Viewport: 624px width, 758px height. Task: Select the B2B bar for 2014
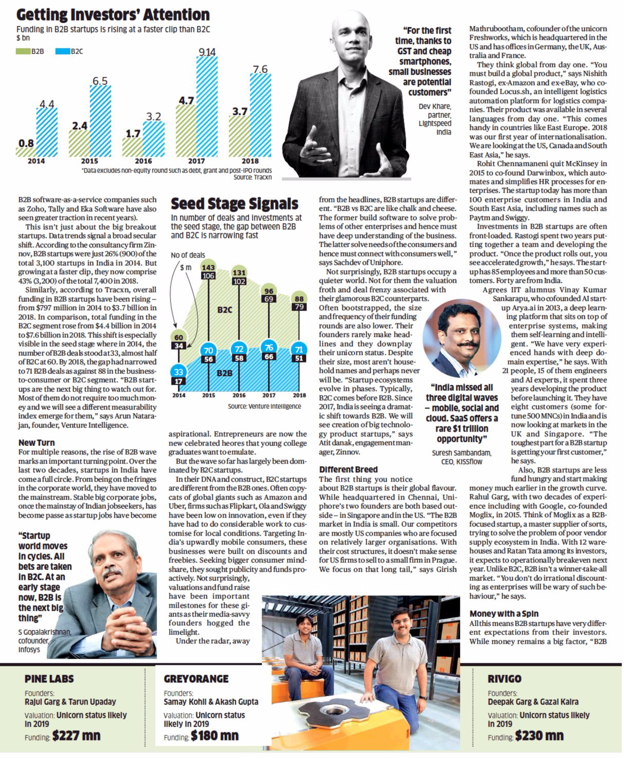(x=26, y=152)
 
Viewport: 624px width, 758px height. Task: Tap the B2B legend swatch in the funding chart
(x=23, y=51)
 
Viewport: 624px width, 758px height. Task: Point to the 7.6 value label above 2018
(x=260, y=69)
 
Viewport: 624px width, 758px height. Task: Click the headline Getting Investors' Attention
(x=113, y=14)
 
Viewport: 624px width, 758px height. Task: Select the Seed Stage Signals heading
(x=234, y=204)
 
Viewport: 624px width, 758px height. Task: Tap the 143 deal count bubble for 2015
(x=208, y=267)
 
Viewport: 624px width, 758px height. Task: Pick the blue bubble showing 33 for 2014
(x=179, y=372)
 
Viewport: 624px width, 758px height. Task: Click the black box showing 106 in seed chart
(x=208, y=276)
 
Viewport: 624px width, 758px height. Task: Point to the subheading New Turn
(x=36, y=442)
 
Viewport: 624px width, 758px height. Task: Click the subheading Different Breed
(x=348, y=470)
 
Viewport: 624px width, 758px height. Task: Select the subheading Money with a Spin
(x=504, y=613)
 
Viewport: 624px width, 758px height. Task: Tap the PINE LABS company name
(x=49, y=679)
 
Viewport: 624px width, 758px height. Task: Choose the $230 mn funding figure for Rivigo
(x=539, y=736)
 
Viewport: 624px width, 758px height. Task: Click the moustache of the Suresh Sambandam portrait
(x=460, y=343)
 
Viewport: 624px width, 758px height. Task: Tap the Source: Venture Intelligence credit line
(x=264, y=406)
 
